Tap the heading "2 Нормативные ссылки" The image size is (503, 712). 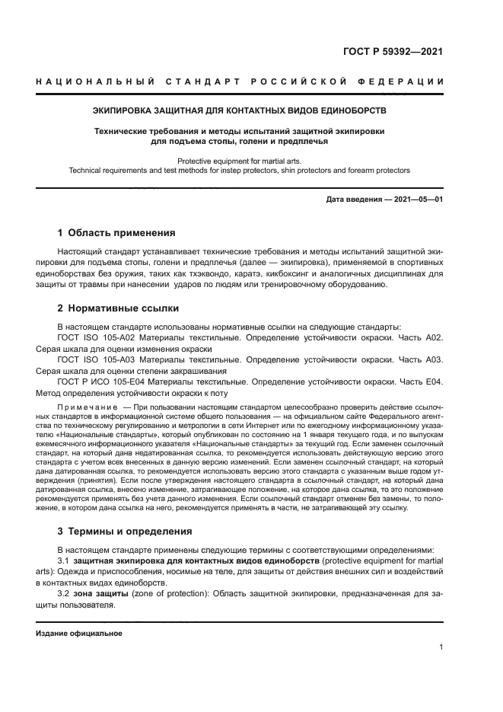click(x=118, y=308)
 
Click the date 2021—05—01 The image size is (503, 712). click(x=417, y=200)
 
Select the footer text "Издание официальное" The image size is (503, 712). click(x=79, y=633)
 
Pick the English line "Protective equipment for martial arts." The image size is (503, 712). click(x=239, y=161)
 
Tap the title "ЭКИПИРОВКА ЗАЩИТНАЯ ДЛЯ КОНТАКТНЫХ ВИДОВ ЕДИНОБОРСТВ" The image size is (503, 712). click(x=239, y=110)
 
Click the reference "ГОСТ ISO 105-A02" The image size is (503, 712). click(x=97, y=337)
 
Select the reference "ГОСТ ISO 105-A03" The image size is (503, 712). click(x=97, y=359)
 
